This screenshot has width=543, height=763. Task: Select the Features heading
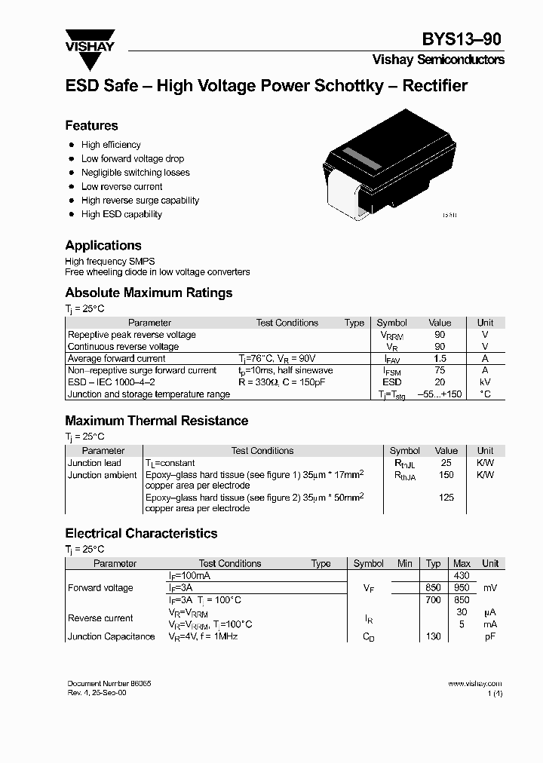pyautogui.click(x=91, y=126)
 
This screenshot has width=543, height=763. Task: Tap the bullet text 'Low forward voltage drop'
pyautogui.click(x=133, y=159)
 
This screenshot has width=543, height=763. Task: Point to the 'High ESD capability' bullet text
pyautogui.click(x=121, y=214)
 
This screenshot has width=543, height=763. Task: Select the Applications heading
pyautogui.click(x=103, y=246)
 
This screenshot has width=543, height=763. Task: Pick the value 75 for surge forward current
pyautogui.click(x=440, y=371)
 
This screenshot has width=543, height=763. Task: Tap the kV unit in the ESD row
pyautogui.click(x=485, y=382)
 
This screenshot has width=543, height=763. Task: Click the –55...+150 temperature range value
pyautogui.click(x=440, y=394)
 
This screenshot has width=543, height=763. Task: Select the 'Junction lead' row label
pyautogui.click(x=94, y=463)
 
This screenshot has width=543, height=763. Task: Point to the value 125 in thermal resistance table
pyautogui.click(x=446, y=498)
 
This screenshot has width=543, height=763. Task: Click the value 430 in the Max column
pyautogui.click(x=462, y=576)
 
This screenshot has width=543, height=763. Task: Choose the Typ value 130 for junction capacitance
pyautogui.click(x=433, y=636)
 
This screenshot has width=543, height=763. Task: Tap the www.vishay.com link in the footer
pyautogui.click(x=474, y=684)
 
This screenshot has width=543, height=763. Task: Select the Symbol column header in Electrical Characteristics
pyautogui.click(x=368, y=564)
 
